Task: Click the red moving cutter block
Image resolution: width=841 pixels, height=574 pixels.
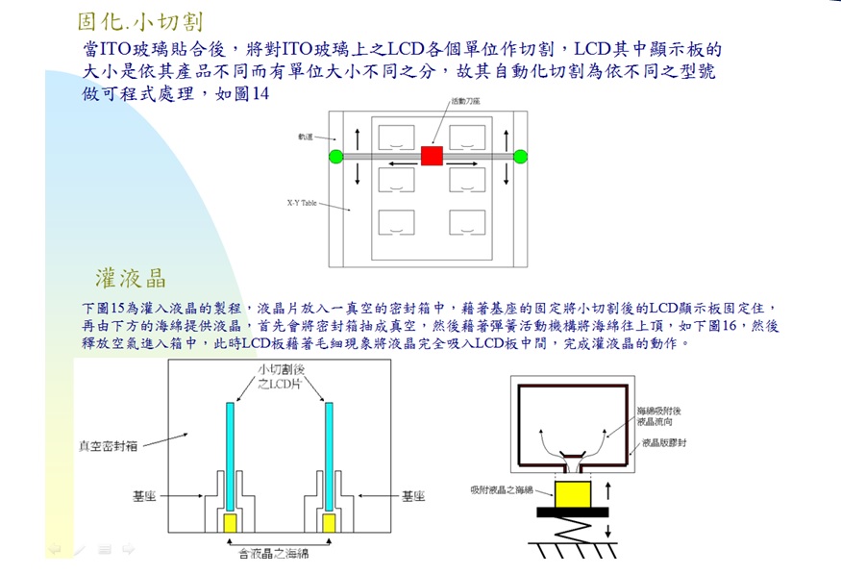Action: [432, 156]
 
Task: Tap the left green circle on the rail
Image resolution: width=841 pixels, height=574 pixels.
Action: [335, 156]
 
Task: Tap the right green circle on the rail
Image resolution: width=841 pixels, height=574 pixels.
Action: [521, 156]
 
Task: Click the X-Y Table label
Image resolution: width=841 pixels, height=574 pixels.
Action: [301, 203]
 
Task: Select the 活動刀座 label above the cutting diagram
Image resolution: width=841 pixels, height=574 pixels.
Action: [465, 100]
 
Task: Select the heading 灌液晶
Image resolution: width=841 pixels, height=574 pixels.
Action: [131, 279]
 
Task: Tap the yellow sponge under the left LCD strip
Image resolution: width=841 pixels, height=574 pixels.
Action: [231, 522]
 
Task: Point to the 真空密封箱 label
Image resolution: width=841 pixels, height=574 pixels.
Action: [108, 445]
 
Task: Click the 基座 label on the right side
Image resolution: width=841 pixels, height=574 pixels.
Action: [413, 496]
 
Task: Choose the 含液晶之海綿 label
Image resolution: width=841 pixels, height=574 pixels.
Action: [273, 552]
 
